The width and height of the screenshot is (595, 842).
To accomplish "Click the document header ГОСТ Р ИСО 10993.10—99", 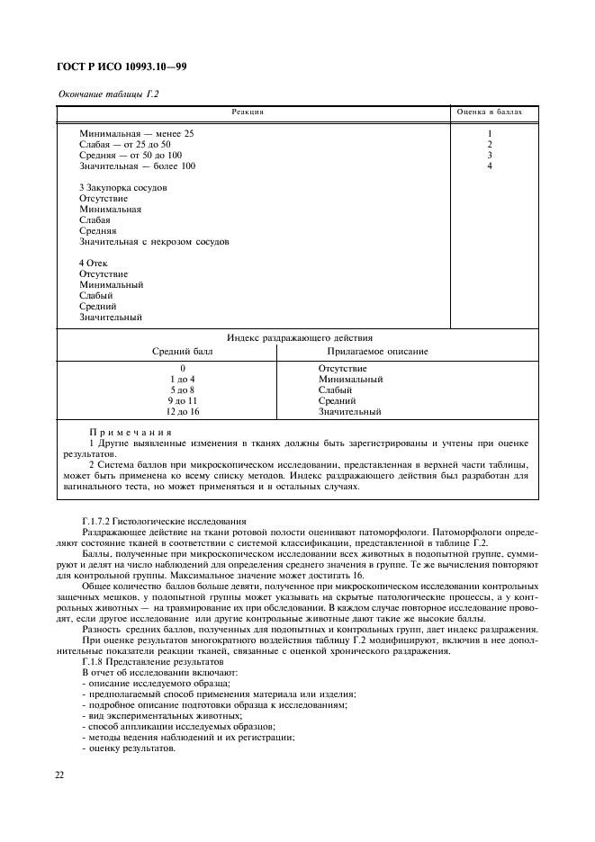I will pyautogui.click(x=122, y=68).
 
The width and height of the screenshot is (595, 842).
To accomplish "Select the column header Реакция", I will pyautogui.click(x=248, y=112).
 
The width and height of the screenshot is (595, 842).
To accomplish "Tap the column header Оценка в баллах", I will pyautogui.click(x=490, y=112).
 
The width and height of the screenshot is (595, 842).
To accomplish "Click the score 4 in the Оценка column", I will pyautogui.click(x=490, y=166).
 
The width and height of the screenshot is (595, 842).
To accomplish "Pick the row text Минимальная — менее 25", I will pyautogui.click(x=137, y=133).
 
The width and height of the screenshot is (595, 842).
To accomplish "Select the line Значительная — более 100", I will pyautogui.click(x=137, y=166).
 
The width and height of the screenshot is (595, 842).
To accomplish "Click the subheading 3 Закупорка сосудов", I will pyautogui.click(x=122, y=187).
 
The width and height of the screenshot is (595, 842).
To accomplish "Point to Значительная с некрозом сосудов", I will pyautogui.click(x=154, y=241).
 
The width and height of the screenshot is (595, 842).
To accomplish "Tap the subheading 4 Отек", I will pyautogui.click(x=94, y=263).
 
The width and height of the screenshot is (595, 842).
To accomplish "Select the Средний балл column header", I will pyautogui.click(x=183, y=351).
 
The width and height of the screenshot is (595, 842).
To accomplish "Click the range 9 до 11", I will pyautogui.click(x=182, y=400).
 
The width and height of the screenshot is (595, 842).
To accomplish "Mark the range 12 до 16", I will pyautogui.click(x=182, y=411).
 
